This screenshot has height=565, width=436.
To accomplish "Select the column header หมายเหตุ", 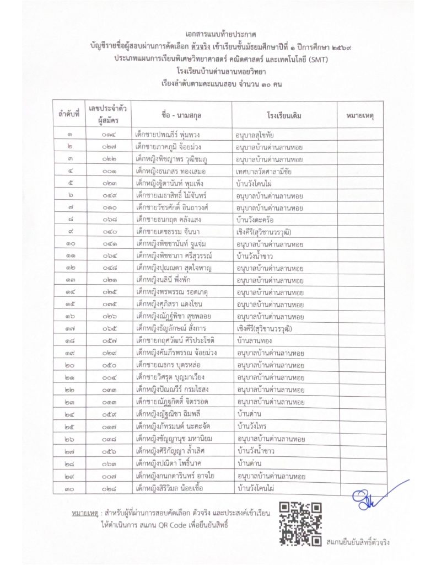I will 359,116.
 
